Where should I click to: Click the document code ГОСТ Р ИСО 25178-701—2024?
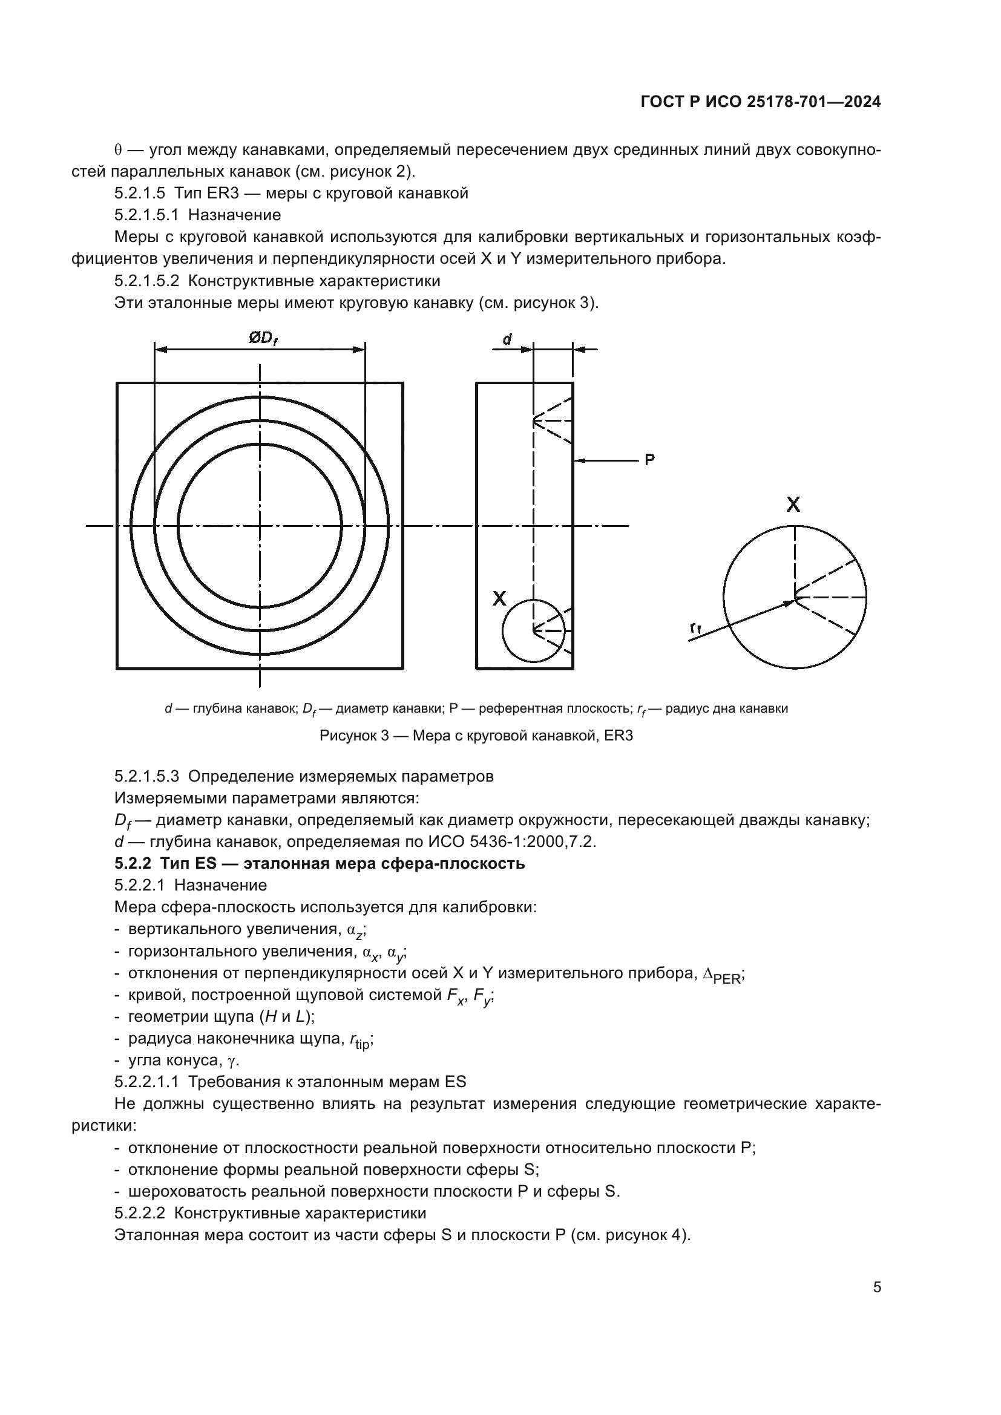[761, 102]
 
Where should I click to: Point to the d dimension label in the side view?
[507, 338]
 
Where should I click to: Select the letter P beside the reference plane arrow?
[649, 460]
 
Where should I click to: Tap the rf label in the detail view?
[695, 627]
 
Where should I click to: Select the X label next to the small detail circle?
[499, 598]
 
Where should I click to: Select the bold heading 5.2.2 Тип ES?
[320, 863]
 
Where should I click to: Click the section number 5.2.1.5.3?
[146, 777]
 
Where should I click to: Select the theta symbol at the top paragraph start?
[118, 151]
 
